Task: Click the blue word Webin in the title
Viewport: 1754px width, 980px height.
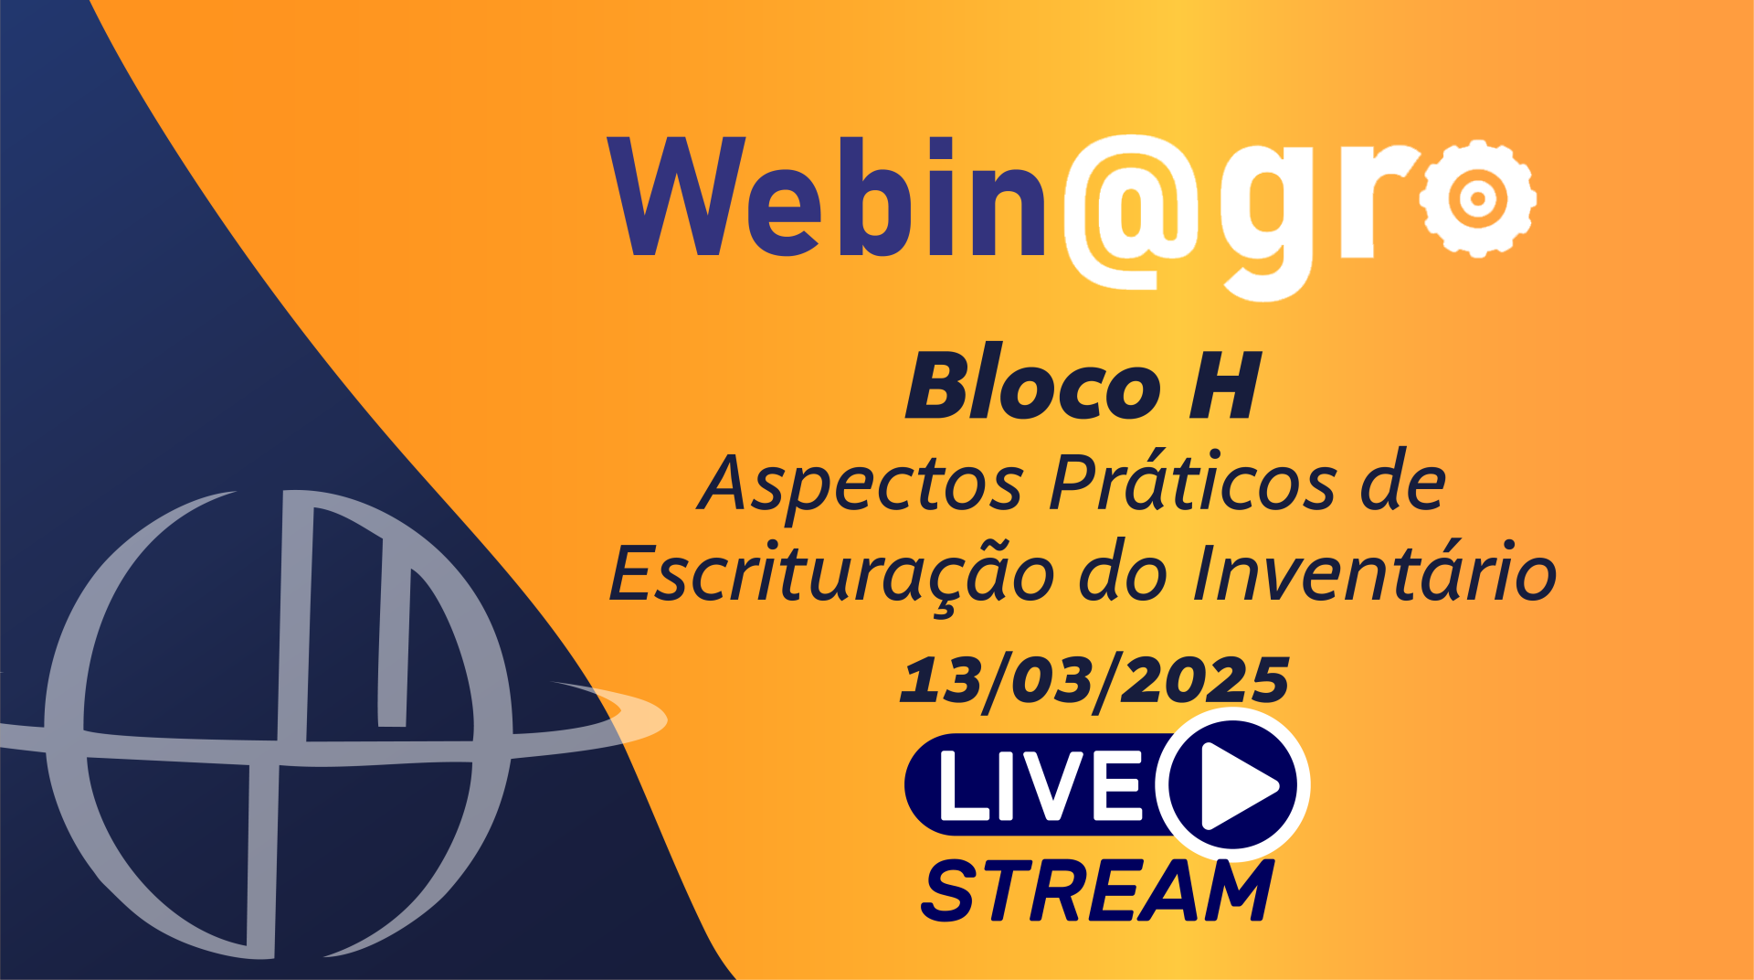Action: click(x=827, y=197)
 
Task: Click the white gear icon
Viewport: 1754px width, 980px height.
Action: click(x=1477, y=197)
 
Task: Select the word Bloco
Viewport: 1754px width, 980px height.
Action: click(x=1033, y=386)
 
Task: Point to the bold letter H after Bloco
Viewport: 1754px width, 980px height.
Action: click(x=1225, y=387)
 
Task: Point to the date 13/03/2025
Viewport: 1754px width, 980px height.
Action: click(x=1095, y=682)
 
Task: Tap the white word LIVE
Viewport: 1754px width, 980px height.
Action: click(x=1040, y=785)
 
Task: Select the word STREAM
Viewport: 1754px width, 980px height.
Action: click(x=1097, y=890)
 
